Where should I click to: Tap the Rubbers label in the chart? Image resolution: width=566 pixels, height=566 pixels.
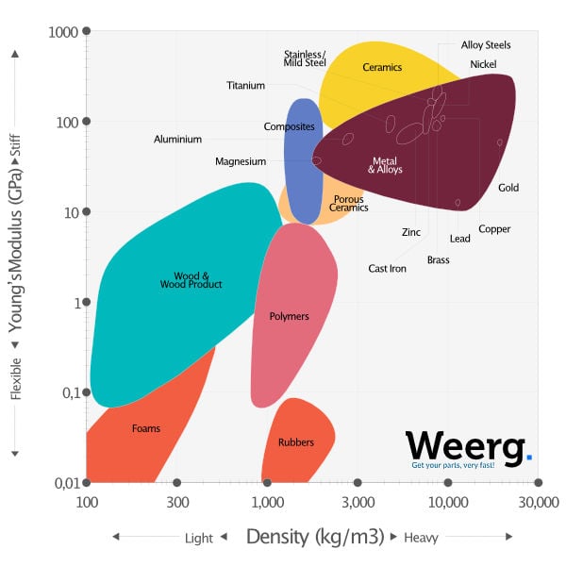coord(295,442)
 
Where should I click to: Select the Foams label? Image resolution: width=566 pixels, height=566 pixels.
coord(146,428)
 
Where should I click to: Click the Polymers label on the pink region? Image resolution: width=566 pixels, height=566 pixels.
coord(289,316)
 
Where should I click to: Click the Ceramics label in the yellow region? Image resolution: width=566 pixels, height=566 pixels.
coord(382,68)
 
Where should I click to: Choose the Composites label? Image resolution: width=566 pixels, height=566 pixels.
coord(289,126)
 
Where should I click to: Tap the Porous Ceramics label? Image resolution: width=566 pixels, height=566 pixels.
coord(348,204)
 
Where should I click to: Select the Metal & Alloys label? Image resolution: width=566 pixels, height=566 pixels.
coord(387,165)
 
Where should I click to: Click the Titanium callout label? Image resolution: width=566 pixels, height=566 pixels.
coord(245,86)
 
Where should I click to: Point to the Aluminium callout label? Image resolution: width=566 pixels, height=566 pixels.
coord(177,140)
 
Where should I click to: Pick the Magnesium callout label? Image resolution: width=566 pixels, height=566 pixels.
coord(241,161)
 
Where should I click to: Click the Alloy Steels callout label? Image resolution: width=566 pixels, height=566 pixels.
coord(486,45)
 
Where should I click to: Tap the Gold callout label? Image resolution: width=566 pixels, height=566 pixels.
coord(508,188)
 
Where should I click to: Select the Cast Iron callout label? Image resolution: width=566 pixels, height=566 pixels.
coord(387,269)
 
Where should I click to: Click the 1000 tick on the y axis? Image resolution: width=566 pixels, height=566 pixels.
coord(63,31)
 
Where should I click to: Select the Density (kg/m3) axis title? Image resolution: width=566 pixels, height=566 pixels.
coord(314,537)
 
